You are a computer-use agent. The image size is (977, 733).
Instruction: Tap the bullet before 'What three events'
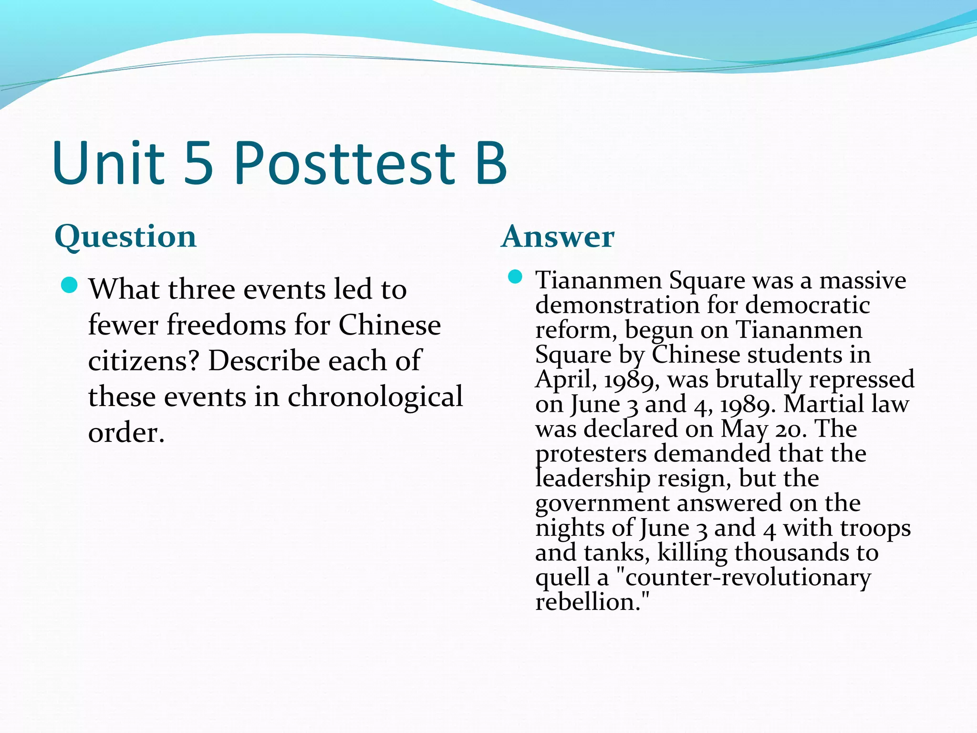(70, 285)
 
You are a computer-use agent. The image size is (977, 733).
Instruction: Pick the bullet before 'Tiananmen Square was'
(515, 277)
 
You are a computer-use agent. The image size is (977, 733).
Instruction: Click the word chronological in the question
(375, 396)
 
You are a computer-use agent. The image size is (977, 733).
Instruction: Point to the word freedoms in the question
(226, 325)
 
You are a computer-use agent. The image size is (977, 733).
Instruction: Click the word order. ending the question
(126, 432)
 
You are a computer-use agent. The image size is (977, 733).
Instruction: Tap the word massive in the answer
(863, 280)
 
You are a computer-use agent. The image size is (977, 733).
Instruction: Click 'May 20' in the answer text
(764, 429)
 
